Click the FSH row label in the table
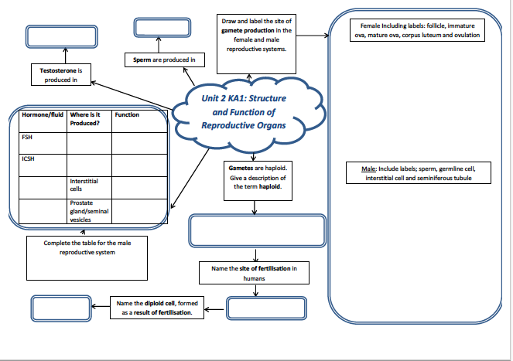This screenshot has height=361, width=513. point(27,138)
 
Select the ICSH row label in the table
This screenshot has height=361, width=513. point(28,159)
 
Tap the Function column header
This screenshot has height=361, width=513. point(127,114)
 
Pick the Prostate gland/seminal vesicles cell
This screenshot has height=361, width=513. point(89,211)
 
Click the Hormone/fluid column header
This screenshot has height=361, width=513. point(43,114)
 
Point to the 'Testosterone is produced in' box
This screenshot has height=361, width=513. point(61,75)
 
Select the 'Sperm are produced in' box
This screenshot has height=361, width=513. point(165,60)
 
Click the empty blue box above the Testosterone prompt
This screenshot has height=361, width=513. point(62,36)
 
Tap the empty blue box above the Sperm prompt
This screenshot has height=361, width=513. point(162,28)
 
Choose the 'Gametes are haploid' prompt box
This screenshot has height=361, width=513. point(258,181)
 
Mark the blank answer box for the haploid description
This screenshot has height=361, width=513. point(258,230)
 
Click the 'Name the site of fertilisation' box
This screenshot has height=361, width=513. point(255,273)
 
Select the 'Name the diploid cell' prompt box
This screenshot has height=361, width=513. point(157,308)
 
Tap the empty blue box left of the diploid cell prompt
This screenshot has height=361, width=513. point(61,308)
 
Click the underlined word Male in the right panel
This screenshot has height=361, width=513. point(368,169)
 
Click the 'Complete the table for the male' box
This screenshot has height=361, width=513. point(87,258)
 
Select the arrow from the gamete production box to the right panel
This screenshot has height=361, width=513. point(313,36)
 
